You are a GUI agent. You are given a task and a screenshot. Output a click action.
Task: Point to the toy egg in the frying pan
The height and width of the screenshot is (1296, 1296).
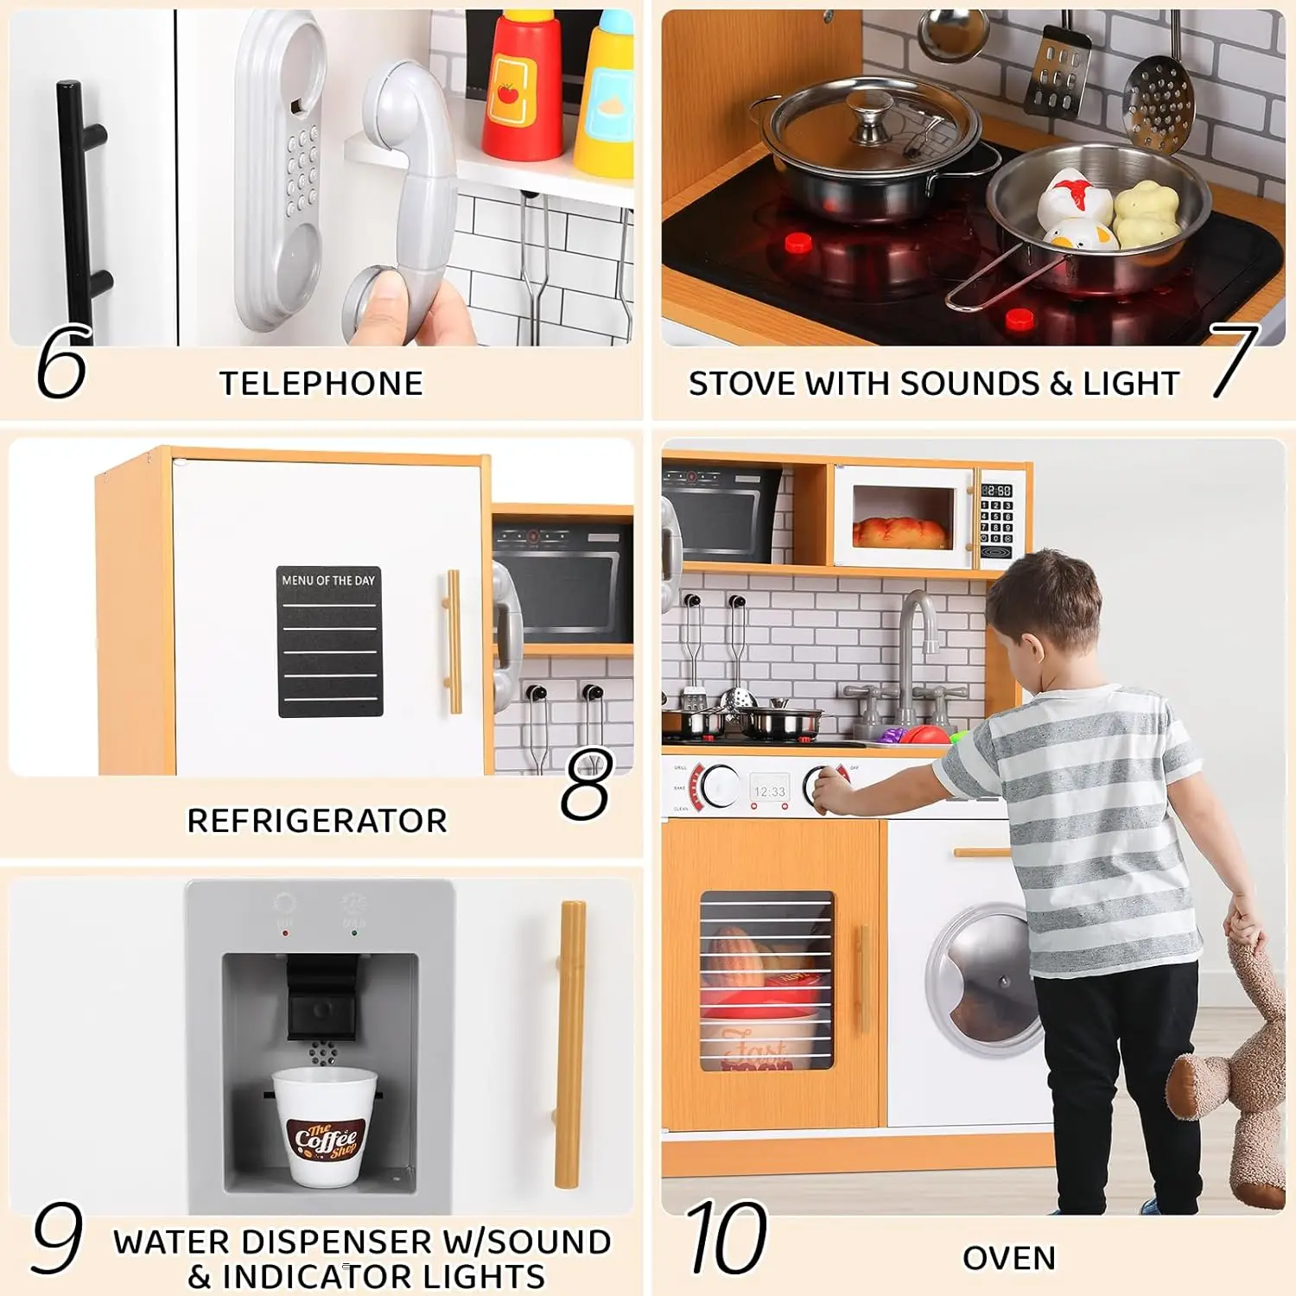[1071, 207]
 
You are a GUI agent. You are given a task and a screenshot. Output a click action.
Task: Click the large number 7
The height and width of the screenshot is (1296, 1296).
[1234, 360]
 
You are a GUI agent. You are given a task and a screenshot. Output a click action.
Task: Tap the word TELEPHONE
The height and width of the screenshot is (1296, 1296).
[321, 384]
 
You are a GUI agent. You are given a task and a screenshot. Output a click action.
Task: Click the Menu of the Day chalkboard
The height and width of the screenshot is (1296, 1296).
[329, 641]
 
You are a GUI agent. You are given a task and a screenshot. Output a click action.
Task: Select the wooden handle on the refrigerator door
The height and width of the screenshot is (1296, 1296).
[453, 640]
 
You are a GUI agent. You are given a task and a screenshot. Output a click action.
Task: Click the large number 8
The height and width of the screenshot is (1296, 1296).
[587, 785]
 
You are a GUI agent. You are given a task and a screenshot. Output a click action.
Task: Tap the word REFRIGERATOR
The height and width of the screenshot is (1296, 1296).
[317, 821]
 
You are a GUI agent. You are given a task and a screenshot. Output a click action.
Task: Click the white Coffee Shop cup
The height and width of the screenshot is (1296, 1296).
[324, 1125]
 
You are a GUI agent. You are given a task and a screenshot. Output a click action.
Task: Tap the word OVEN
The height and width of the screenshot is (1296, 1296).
[1009, 1258]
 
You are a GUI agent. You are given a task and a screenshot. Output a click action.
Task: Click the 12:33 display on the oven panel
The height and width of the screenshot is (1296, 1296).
[769, 791]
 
